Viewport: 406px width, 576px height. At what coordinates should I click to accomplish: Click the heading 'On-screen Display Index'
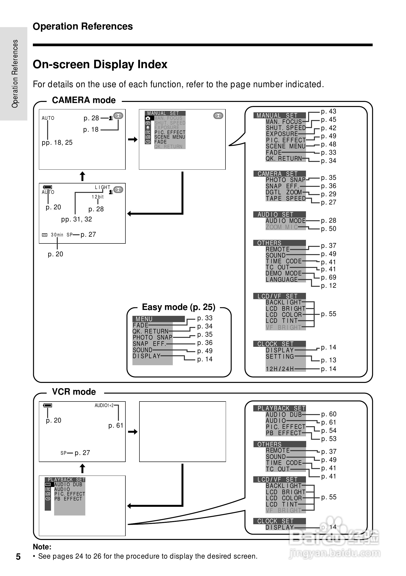(x=100, y=64)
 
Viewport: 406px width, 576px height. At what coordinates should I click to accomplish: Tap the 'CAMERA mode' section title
(x=84, y=100)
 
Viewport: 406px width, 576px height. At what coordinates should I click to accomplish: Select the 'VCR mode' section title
(x=74, y=392)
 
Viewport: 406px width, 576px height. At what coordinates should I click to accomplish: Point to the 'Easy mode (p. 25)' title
(x=179, y=307)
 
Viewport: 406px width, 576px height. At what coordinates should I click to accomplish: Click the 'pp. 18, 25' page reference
(x=57, y=143)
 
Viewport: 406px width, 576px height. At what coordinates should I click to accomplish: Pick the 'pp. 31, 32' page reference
(x=76, y=219)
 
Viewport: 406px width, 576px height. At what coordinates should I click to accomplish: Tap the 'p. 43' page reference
(x=328, y=111)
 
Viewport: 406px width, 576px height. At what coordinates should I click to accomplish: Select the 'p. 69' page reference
(x=328, y=277)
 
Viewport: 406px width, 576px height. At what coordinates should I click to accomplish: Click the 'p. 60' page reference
(x=329, y=414)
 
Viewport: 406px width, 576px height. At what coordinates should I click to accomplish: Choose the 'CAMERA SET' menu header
(x=280, y=174)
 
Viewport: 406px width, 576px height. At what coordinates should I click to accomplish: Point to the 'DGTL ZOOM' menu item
(x=284, y=192)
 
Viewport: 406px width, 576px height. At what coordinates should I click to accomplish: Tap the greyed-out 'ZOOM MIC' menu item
(x=282, y=227)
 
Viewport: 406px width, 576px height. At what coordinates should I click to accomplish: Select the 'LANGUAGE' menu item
(x=282, y=280)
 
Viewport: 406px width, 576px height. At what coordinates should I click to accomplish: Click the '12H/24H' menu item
(x=280, y=369)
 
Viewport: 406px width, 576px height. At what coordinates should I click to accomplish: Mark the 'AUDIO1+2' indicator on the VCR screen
(x=104, y=405)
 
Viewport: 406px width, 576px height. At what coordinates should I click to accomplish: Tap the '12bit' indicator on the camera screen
(x=97, y=197)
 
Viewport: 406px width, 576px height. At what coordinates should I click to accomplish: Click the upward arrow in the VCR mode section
(x=82, y=469)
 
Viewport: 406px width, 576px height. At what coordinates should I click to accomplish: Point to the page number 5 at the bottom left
(x=18, y=557)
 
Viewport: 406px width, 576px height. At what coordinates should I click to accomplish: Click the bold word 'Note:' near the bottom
(x=42, y=547)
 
